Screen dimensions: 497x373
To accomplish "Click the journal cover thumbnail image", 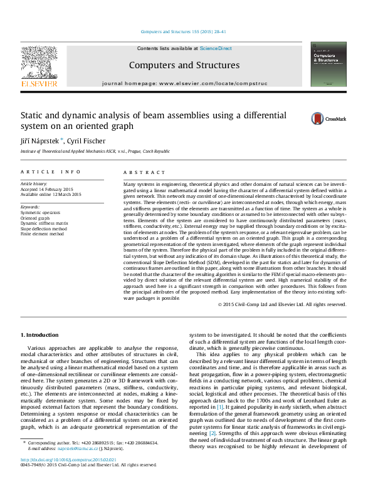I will [x=328, y=64].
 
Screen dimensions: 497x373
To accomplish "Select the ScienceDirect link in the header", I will [x=216, y=48].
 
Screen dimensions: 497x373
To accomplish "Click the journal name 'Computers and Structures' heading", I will [x=184, y=65].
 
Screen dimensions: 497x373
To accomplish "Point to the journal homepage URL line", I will [x=184, y=83].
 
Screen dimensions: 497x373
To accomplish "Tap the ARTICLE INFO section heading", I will [x=50, y=172].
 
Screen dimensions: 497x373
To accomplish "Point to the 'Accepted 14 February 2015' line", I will [x=48, y=189].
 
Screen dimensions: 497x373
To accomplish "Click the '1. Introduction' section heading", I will [x=40, y=335].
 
